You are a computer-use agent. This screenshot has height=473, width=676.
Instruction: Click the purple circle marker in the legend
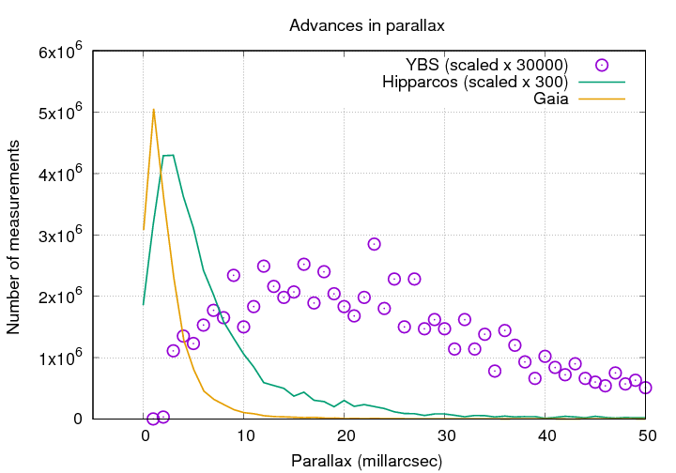(x=602, y=65)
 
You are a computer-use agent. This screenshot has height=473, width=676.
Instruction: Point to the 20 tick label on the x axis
(x=346, y=436)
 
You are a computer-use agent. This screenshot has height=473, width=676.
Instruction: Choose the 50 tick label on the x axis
(x=647, y=436)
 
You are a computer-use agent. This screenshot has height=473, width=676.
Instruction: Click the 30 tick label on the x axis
(x=446, y=436)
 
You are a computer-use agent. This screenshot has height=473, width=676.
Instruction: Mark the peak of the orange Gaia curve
(x=153, y=110)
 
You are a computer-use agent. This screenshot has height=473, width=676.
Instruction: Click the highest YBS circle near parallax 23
(x=374, y=244)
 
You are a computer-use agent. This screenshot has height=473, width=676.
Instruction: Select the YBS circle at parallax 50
(x=646, y=388)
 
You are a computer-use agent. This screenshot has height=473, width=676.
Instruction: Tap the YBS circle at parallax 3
(x=174, y=351)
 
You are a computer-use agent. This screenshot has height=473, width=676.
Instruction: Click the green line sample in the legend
(x=602, y=82)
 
